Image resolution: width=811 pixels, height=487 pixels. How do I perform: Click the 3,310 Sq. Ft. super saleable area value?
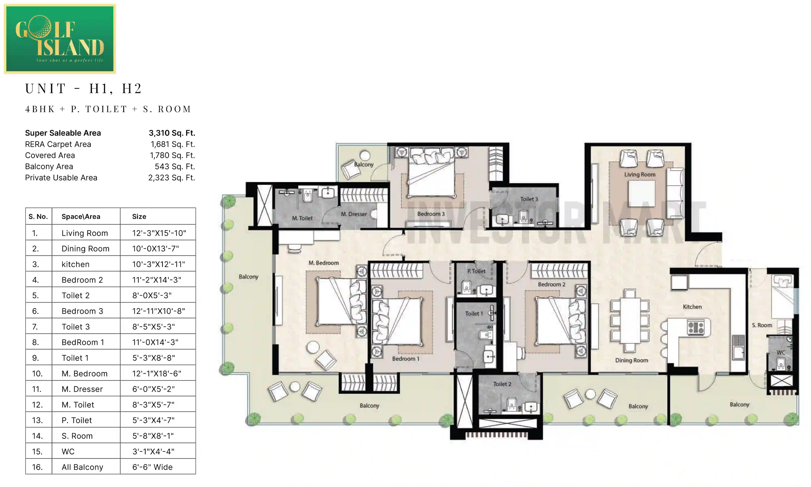tap(172, 133)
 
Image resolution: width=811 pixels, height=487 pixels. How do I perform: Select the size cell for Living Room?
tap(159, 233)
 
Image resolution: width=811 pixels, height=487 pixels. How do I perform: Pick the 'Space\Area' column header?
tap(81, 217)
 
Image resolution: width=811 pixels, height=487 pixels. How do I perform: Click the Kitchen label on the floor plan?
tap(692, 307)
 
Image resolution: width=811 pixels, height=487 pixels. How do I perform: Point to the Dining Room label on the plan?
tap(631, 360)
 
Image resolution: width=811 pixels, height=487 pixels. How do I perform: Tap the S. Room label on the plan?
tap(762, 325)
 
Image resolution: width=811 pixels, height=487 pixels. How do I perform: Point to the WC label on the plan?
tap(781, 352)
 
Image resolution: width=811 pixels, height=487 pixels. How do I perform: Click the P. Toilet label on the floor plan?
tap(476, 271)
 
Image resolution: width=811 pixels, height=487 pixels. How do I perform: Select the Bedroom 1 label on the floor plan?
tap(405, 359)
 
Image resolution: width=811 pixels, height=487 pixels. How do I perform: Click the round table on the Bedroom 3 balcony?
tap(365, 155)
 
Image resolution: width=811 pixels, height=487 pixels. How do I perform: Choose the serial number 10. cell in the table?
tap(37, 373)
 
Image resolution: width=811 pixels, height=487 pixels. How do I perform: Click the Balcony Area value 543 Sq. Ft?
tap(175, 166)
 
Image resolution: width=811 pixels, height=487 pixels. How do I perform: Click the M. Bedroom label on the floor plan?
tap(324, 263)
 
